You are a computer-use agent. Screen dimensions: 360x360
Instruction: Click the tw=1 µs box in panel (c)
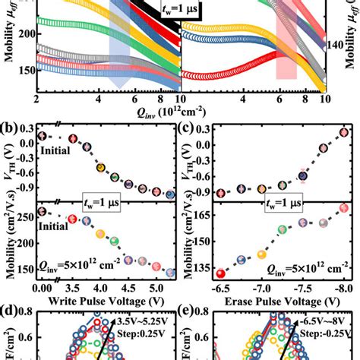pos(286,204)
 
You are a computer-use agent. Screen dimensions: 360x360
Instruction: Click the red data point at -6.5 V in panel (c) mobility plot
pos(220,273)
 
